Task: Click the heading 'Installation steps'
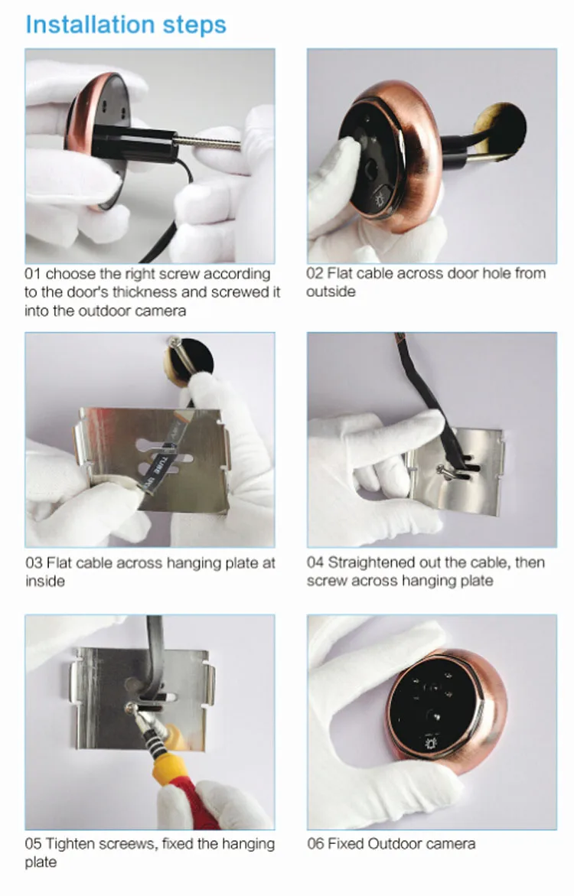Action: [x=126, y=25]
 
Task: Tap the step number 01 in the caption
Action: [x=33, y=274]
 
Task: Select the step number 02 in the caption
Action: [x=315, y=273]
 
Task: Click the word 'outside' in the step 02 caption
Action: [x=331, y=292]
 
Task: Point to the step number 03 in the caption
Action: [x=34, y=563]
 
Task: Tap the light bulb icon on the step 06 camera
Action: [x=431, y=744]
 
